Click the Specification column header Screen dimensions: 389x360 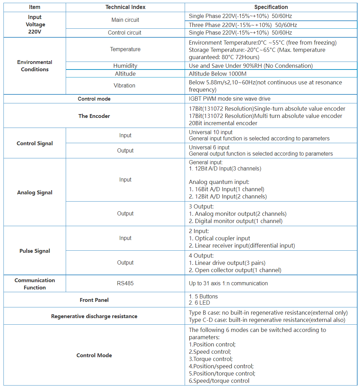coord(271,7)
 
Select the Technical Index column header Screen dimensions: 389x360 coord(125,7)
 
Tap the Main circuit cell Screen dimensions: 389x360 coord(125,20)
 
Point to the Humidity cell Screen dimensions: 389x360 coord(125,66)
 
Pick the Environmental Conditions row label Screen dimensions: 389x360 coord(35,66)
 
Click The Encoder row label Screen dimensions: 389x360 coord(94,116)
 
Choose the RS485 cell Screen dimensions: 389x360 coord(125,284)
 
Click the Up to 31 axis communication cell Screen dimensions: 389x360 coord(228,284)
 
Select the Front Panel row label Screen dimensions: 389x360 coord(94,300)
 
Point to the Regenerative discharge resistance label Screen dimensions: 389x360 coord(94,316)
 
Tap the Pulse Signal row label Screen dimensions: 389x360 coord(35,251)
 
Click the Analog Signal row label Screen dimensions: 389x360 coord(35,193)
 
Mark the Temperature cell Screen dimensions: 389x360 coord(125,49)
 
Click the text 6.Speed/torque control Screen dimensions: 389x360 coord(219,381)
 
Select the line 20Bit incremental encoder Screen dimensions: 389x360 coord(223,123)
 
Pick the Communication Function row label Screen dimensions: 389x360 coord(35,284)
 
